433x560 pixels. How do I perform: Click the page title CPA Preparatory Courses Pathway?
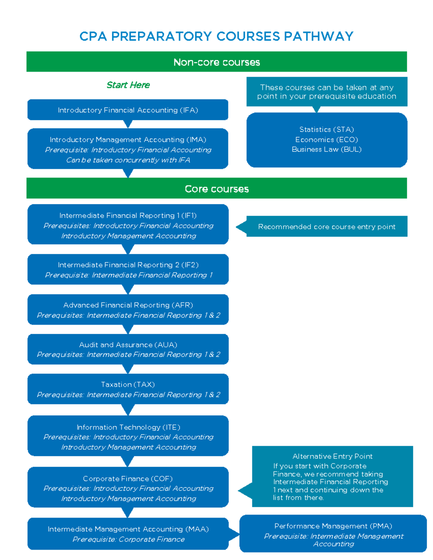(x=216, y=36)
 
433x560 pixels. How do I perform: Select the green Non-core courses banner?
(x=216, y=62)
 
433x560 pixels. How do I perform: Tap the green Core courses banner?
(x=216, y=189)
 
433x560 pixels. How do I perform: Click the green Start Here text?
(x=128, y=85)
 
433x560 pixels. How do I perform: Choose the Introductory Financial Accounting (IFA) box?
(x=128, y=110)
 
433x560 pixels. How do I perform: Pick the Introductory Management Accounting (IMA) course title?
(x=128, y=140)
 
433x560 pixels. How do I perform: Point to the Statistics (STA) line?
(x=327, y=129)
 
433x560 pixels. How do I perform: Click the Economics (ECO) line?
(x=327, y=140)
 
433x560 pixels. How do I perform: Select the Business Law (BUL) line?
(x=327, y=149)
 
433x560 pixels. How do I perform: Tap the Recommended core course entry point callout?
(x=327, y=226)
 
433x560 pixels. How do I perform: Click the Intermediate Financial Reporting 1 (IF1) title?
(x=128, y=216)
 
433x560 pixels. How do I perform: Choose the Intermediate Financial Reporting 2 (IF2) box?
(x=128, y=269)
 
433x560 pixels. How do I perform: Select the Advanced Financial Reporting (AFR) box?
(x=128, y=309)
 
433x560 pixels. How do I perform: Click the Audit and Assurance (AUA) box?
(x=128, y=349)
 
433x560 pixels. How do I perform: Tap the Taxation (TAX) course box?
(x=128, y=389)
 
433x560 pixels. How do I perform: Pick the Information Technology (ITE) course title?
(x=128, y=427)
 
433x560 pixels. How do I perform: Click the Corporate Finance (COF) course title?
(x=128, y=479)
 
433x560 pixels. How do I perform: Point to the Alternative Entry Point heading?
(x=332, y=456)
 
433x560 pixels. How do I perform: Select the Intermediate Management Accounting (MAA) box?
(x=128, y=534)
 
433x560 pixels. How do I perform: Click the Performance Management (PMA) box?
(x=333, y=534)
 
